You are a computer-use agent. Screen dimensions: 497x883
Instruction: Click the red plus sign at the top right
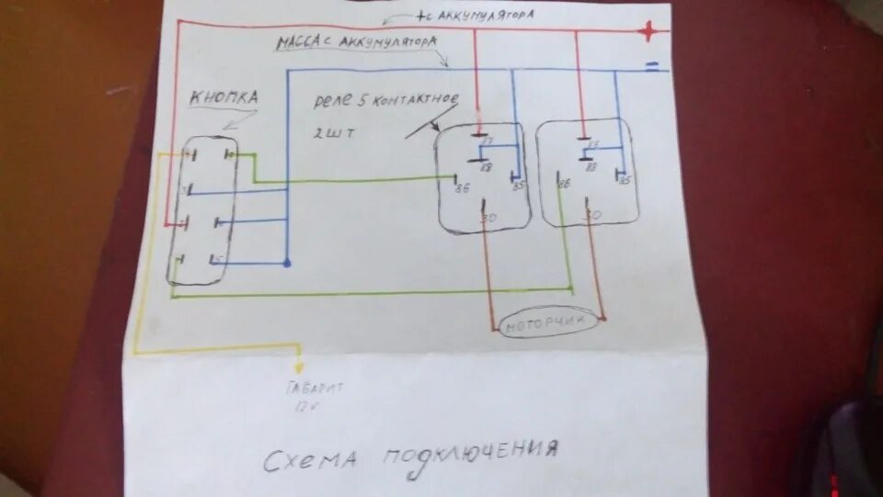(649, 33)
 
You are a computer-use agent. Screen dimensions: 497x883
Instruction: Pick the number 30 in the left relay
(487, 218)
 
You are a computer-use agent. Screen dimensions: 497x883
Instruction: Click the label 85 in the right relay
(625, 180)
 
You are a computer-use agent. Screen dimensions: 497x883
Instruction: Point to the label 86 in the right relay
(563, 182)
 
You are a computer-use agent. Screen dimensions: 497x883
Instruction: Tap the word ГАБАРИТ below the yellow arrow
(315, 388)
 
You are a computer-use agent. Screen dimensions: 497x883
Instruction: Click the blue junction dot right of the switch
(287, 264)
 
